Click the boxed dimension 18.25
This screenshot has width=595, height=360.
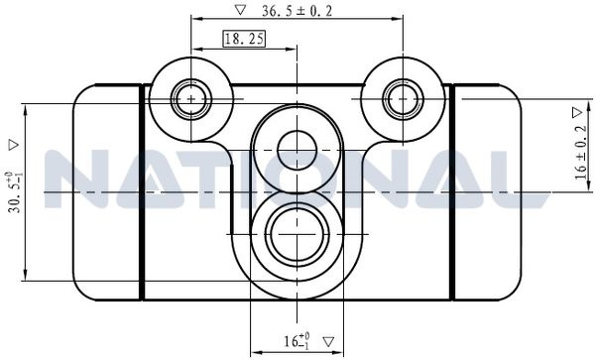click(x=244, y=39)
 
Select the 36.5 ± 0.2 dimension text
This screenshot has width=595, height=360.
click(x=297, y=11)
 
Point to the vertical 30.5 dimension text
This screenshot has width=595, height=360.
click(x=14, y=192)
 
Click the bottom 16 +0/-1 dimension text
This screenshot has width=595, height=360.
click(x=297, y=340)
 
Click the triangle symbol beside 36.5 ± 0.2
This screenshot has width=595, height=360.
click(x=240, y=10)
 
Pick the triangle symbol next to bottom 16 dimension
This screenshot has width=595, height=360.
click(x=328, y=342)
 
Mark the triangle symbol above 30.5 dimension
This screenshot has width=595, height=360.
click(x=14, y=146)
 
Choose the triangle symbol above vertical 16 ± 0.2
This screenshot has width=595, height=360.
click(x=577, y=112)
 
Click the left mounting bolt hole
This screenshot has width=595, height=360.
click(x=190, y=99)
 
